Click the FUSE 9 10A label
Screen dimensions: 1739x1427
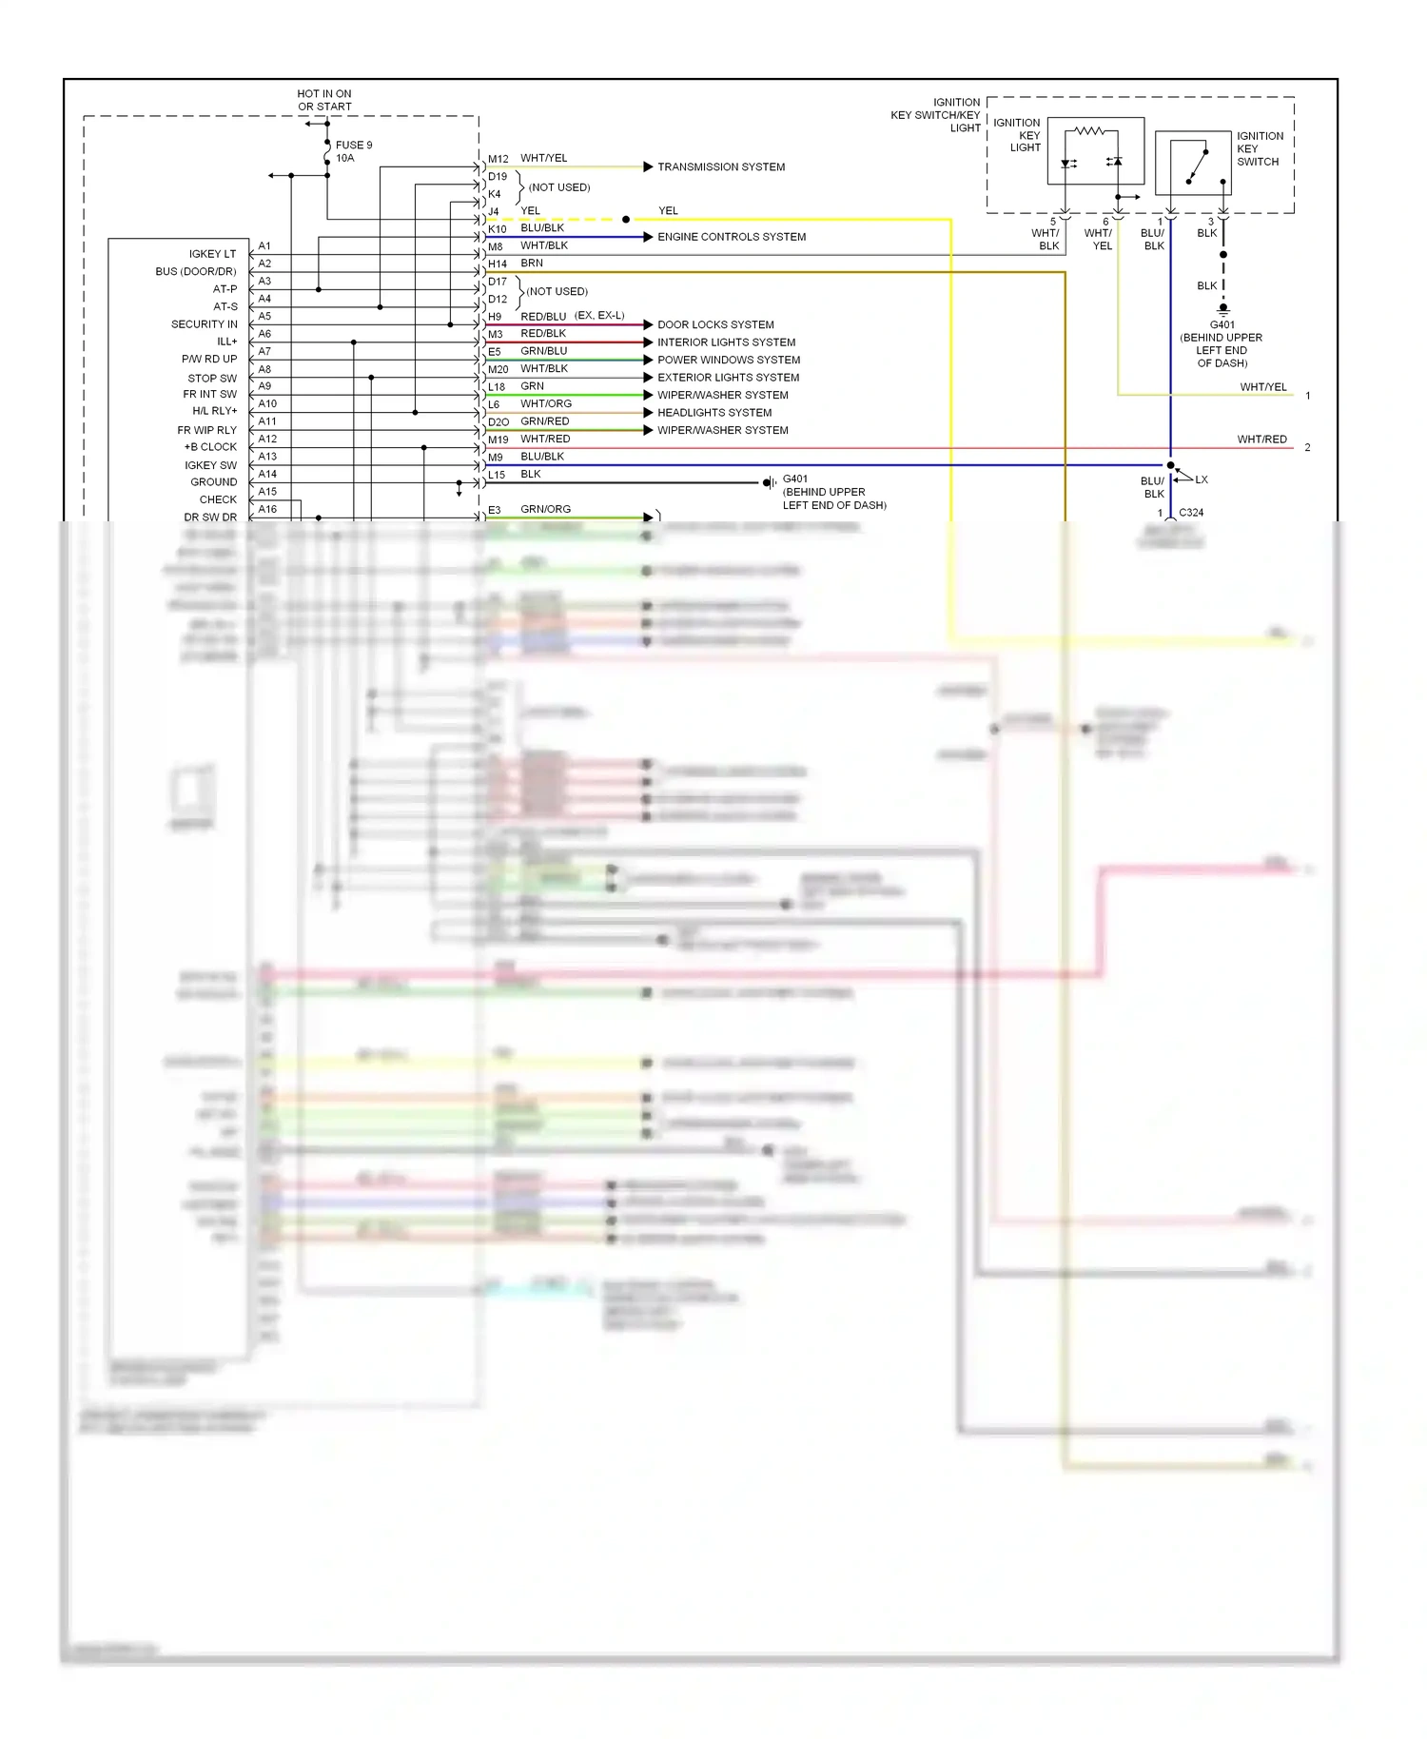pyautogui.click(x=353, y=151)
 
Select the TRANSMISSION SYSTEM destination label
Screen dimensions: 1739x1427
pyautogui.click(x=721, y=167)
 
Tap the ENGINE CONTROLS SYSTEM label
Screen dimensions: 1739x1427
pyautogui.click(x=731, y=237)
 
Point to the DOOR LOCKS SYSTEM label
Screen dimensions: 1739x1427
pyautogui.click(x=715, y=324)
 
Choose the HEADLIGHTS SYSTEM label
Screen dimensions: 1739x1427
pyautogui.click(x=714, y=413)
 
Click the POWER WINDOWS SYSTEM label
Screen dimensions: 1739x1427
pyautogui.click(x=729, y=360)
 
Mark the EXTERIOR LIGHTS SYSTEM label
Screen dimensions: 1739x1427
pyautogui.click(x=728, y=378)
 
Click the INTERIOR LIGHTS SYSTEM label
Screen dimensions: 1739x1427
pyautogui.click(x=726, y=342)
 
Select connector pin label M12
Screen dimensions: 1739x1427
pyautogui.click(x=498, y=159)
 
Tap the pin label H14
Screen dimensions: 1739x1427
pyautogui.click(x=498, y=264)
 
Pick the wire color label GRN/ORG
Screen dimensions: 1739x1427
pyautogui.click(x=545, y=510)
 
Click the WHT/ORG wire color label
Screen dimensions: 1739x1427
pyautogui.click(x=545, y=404)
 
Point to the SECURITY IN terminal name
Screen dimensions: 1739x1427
pyautogui.click(x=204, y=324)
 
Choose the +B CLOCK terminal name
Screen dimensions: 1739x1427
pyautogui.click(x=210, y=447)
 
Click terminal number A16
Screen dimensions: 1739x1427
pyautogui.click(x=267, y=510)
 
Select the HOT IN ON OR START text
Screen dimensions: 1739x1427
pyautogui.click(x=324, y=100)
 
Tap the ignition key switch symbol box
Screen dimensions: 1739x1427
pyautogui.click(x=1192, y=164)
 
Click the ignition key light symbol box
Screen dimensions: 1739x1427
pyautogui.click(x=1095, y=151)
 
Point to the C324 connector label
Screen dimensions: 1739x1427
pyautogui.click(x=1191, y=513)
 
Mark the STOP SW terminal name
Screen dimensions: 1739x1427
pyautogui.click(x=212, y=378)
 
